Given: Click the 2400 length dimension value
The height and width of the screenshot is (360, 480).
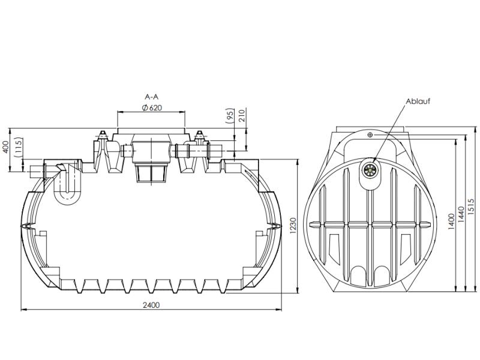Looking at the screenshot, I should click(x=151, y=305).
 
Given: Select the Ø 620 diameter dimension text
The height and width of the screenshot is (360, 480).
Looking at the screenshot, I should click(x=152, y=107).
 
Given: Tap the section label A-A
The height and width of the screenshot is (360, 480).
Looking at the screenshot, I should click(x=152, y=96).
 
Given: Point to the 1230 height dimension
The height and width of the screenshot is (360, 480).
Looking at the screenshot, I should click(x=292, y=226).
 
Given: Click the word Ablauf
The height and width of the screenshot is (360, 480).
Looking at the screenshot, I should click(x=418, y=101).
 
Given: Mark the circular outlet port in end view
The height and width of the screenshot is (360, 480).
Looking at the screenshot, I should click(x=370, y=169).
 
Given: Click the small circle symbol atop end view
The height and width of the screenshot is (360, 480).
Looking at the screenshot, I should click(x=370, y=135).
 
